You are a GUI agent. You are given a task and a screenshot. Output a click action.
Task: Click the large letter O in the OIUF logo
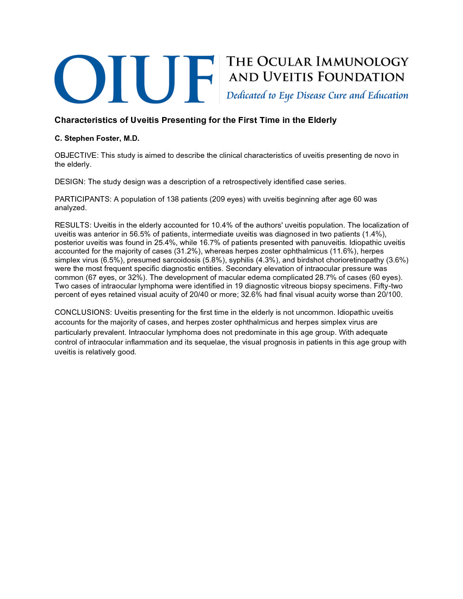click(x=80, y=79)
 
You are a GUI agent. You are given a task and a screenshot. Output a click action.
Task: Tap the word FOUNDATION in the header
click(x=361, y=77)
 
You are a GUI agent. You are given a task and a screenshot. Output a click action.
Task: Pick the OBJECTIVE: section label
click(x=77, y=156)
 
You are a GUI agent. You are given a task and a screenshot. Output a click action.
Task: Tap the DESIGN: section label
click(x=70, y=182)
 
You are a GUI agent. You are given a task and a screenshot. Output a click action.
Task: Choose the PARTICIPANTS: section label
click(x=83, y=200)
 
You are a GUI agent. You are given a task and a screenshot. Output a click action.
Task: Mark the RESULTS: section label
click(x=73, y=225)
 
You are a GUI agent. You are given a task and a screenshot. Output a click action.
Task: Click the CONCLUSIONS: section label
click(x=83, y=313)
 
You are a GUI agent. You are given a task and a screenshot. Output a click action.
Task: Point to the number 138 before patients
click(x=173, y=200)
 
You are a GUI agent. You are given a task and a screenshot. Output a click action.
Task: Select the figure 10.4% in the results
click(x=222, y=225)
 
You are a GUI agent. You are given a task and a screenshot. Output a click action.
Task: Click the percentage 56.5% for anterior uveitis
click(x=140, y=234)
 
